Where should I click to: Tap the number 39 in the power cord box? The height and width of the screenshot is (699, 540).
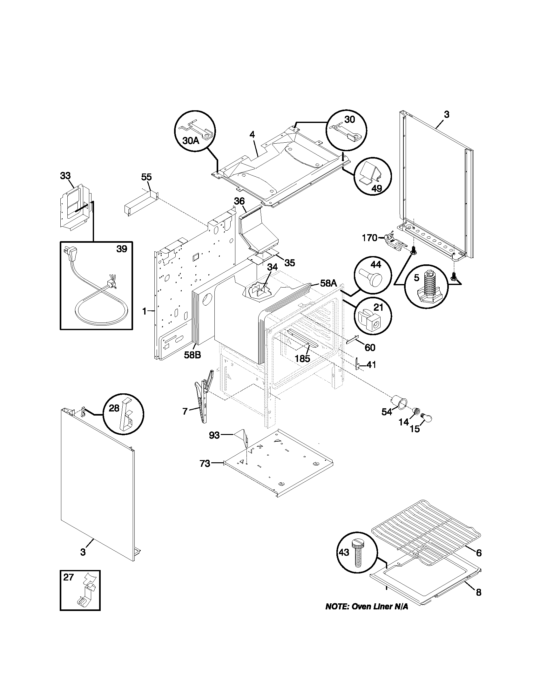click(x=122, y=249)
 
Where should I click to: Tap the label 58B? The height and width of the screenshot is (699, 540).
click(x=192, y=355)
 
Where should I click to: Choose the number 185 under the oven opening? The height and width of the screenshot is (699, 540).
click(x=302, y=359)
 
